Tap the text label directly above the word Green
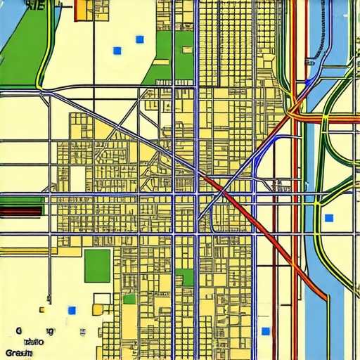coord(32,342)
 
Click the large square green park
coord(98,265)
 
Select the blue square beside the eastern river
coord(328,217)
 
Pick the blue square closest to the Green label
coord(71,309)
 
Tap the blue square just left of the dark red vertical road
coord(265,331)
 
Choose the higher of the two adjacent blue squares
coord(139,39)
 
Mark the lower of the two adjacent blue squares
coord(117,51)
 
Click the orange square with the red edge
coord(82,8)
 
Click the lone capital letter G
coord(16,330)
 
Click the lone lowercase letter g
coord(49,330)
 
